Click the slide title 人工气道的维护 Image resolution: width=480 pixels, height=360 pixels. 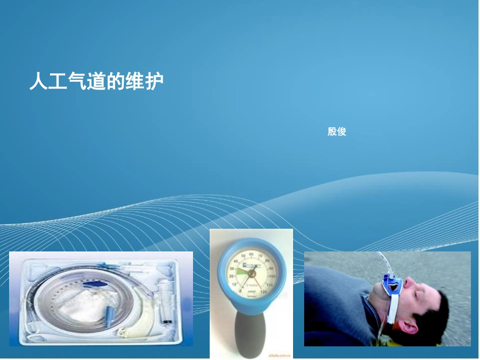[97, 81]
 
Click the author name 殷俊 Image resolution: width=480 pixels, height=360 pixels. [337, 132]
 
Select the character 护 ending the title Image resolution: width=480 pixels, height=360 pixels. [155, 81]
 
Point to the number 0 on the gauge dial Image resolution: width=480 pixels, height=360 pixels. [239, 292]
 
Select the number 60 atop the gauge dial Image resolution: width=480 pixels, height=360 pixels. [251, 254]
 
